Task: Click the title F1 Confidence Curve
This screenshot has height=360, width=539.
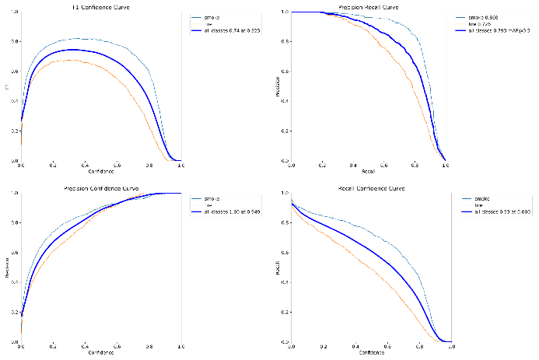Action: click(x=100, y=7)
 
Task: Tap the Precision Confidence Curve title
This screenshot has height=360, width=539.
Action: click(x=100, y=188)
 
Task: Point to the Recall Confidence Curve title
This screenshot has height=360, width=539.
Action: click(x=371, y=188)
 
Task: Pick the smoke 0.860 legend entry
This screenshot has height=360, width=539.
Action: click(x=488, y=16)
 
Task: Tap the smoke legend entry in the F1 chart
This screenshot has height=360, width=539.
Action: click(x=212, y=16)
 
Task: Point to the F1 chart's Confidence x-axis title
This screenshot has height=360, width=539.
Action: click(x=100, y=171)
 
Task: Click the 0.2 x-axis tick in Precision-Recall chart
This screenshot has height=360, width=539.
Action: click(x=322, y=166)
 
